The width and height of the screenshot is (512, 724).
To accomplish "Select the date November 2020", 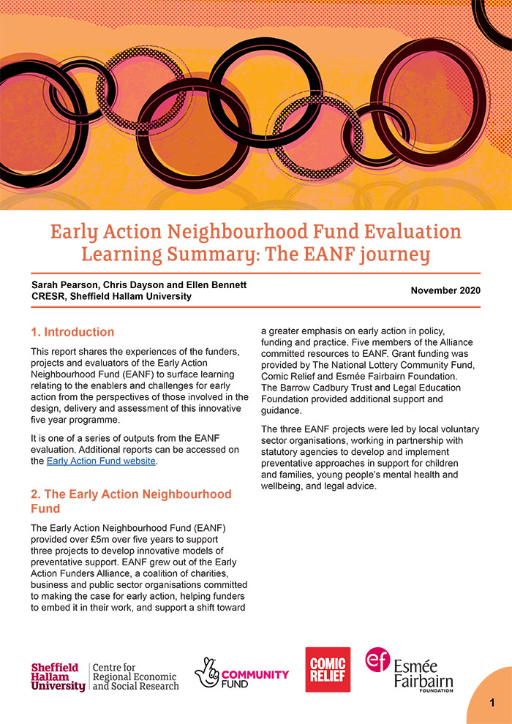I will (x=445, y=290).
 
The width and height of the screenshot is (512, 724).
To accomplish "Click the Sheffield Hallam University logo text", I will (x=58, y=677).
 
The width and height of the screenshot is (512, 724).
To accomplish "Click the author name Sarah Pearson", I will (x=64, y=284).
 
